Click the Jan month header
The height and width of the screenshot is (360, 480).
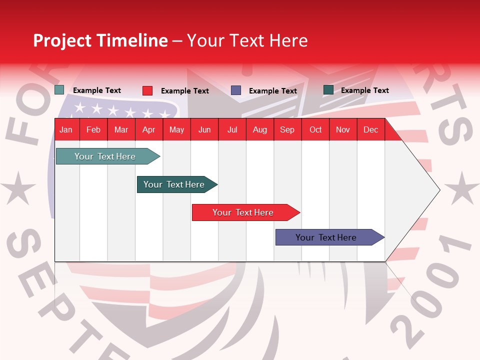pos(66,130)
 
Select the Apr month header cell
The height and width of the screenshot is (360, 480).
pos(148,130)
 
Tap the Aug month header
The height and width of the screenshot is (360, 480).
pos(259,130)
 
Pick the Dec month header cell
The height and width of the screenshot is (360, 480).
pos(370,130)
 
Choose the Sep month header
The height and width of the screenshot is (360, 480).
pos(287,130)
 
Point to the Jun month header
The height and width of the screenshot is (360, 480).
pos(204,130)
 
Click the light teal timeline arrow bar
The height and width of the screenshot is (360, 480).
pos(105,156)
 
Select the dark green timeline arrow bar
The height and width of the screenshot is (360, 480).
pos(174,184)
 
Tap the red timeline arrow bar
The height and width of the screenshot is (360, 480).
pos(243,212)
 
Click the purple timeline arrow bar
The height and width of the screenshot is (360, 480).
pos(326,237)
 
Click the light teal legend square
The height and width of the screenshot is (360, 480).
pos(59,90)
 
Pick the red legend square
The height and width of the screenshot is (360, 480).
pos(147,90)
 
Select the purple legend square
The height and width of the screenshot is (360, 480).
pos(236,90)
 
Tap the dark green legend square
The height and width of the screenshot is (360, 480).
pos(328,90)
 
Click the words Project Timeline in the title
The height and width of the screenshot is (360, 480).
pos(100,40)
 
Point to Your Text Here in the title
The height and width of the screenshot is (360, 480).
pos(247,40)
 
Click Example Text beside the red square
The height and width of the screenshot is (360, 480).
pos(184,91)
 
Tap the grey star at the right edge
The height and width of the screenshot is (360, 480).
pos(461,188)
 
